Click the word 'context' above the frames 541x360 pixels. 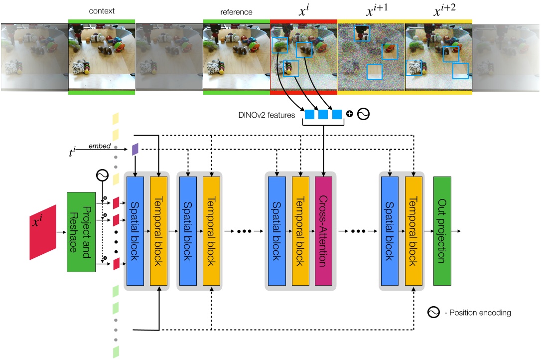pos(101,11)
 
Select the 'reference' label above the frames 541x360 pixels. pos(236,11)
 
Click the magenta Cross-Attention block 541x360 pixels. pos(324,231)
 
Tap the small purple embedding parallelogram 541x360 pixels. pos(135,149)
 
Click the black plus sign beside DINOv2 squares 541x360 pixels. pos(349,114)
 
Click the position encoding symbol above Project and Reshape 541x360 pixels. pos(102,176)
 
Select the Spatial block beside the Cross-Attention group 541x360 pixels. pos(276,231)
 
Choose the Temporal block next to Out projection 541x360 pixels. pos(414,231)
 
